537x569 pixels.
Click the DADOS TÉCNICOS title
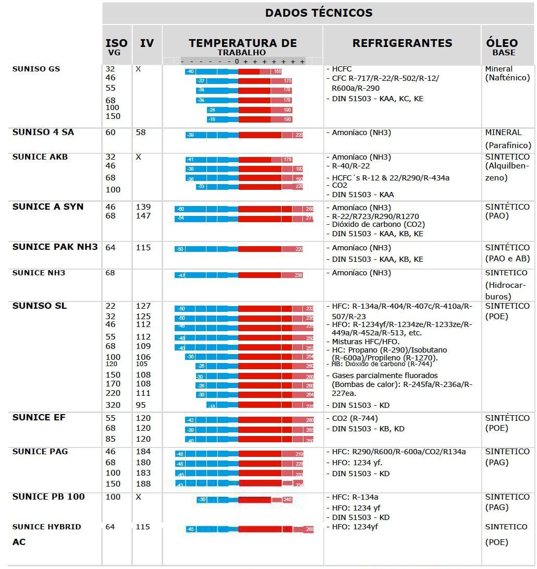[319, 13]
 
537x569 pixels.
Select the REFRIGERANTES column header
[402, 43]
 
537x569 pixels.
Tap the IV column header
[147, 43]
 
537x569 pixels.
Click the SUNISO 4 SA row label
[43, 132]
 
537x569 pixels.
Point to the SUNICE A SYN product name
[48, 207]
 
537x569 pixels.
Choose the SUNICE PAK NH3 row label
[55, 247]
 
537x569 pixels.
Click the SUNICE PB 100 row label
[48, 497]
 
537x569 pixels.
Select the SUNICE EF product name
[39, 418]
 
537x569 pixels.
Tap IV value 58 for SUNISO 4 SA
[141, 132]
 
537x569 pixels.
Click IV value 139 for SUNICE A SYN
[143, 207]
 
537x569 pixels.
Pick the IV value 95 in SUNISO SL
[142, 405]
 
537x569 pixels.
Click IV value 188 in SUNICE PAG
[143, 484]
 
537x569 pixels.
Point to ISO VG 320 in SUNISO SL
[113, 405]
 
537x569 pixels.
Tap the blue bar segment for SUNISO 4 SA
[212, 135]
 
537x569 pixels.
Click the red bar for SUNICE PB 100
[260, 500]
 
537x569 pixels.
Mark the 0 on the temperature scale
[237, 62]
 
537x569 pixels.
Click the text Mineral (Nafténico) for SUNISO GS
[507, 74]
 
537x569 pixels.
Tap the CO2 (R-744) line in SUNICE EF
[355, 418]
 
